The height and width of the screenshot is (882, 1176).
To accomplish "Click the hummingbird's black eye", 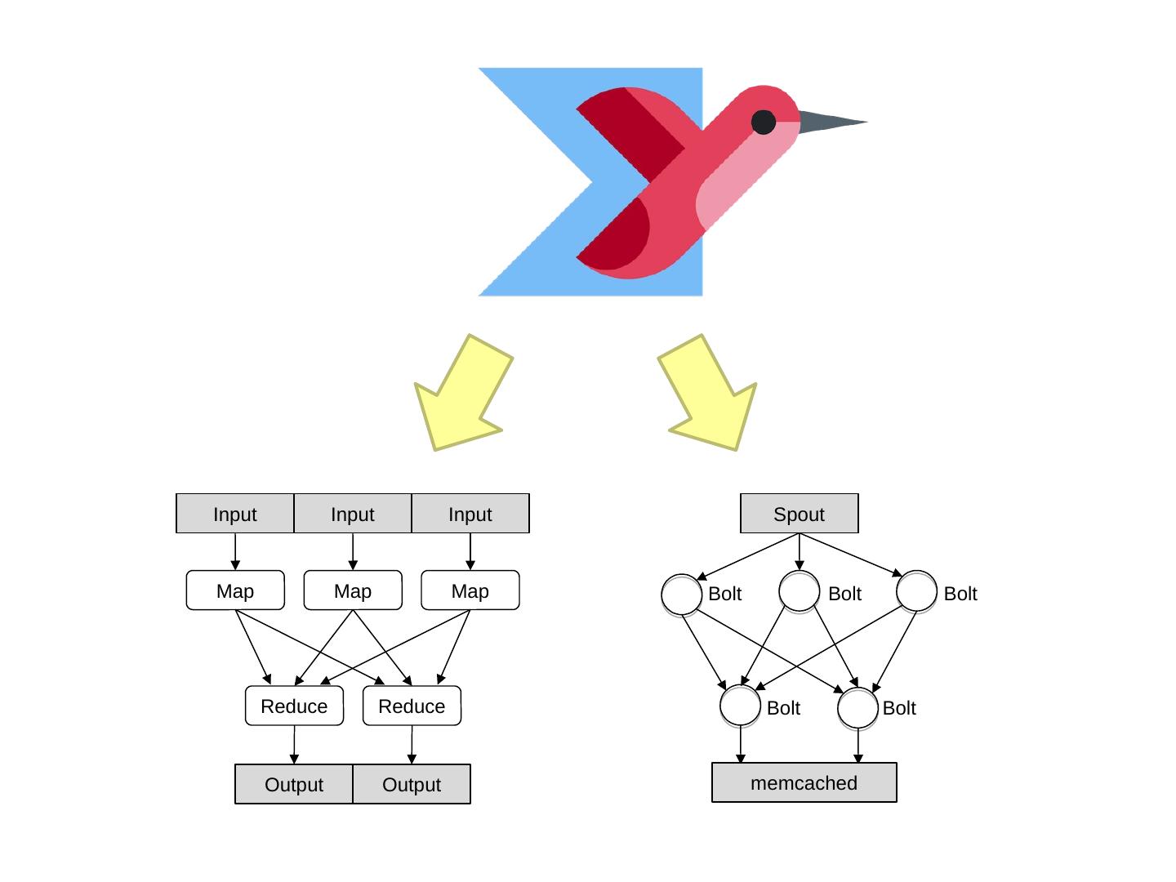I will (x=764, y=122).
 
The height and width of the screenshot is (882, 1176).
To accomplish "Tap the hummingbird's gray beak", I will (x=829, y=122).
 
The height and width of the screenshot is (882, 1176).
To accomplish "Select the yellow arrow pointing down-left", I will (x=462, y=395).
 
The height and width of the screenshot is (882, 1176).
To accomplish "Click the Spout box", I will (x=799, y=514).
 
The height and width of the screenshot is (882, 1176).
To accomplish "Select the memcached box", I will (x=804, y=782).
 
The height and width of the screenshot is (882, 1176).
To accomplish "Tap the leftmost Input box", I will (x=235, y=514).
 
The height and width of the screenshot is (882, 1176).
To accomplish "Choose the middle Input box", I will (x=353, y=514).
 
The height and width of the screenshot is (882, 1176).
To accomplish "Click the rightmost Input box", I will (x=470, y=514).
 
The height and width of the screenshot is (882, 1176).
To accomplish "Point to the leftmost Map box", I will (x=235, y=590).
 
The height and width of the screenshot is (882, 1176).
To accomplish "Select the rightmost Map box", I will (x=470, y=590).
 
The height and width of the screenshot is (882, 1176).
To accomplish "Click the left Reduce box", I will (x=294, y=706).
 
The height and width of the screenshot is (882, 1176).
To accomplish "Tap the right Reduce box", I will (x=412, y=706).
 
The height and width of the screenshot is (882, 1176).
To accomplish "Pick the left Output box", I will (x=294, y=784).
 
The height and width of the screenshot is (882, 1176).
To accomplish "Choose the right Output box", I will (x=412, y=784).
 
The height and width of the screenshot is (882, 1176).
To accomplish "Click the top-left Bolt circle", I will (x=681, y=594).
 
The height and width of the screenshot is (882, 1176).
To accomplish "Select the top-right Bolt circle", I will (x=916, y=591).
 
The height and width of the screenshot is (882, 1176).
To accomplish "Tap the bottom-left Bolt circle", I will (x=740, y=706).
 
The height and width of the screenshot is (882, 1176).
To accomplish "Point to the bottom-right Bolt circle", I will (x=857, y=707).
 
